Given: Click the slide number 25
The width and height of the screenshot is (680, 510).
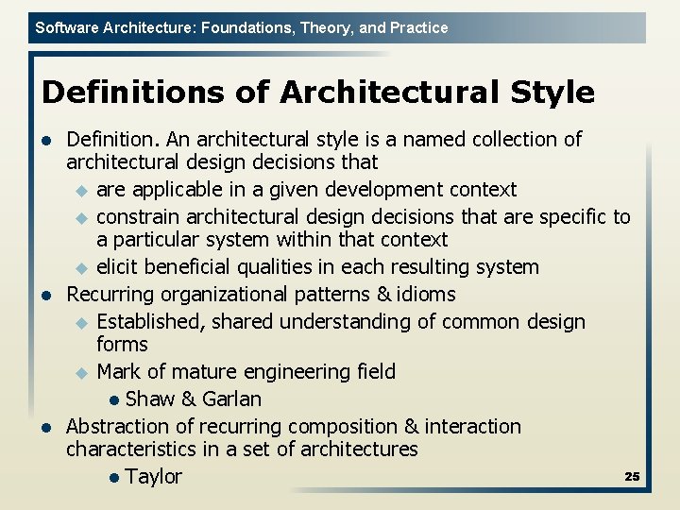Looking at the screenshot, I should coord(632,476).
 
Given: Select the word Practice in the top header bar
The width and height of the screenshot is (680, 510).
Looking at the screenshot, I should coord(417,28).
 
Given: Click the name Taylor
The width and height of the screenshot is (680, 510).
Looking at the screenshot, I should coord(153,476).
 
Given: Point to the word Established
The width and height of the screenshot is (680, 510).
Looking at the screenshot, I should coord(150,321).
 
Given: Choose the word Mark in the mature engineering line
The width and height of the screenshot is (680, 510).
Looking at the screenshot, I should coord(119,371).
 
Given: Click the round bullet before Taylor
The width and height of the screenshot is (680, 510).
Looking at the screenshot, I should coord(114,477).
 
